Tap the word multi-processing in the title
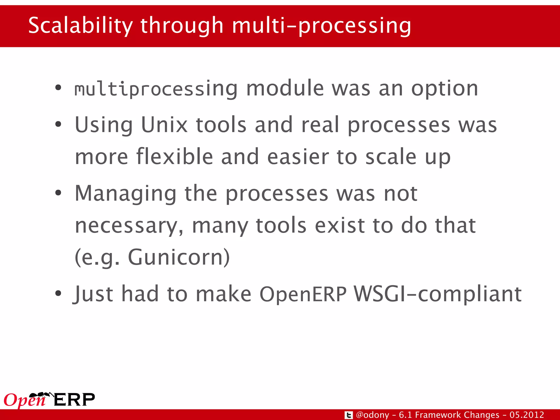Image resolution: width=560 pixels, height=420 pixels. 321,26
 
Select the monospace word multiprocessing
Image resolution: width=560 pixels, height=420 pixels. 156,89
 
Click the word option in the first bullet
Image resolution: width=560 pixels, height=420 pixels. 445,89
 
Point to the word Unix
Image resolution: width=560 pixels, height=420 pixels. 164,125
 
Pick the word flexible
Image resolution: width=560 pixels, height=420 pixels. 174,157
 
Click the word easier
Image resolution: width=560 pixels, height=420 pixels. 298,157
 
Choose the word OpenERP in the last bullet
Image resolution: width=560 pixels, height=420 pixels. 303,294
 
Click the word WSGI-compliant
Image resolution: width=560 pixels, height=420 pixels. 437,294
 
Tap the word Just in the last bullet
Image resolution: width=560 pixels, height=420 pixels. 93,294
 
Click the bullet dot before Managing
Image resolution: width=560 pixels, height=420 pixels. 58,193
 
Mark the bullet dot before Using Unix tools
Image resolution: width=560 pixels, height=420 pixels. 58,124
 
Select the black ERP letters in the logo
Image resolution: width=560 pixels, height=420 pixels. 74,400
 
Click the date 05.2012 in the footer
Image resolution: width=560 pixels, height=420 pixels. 526,415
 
